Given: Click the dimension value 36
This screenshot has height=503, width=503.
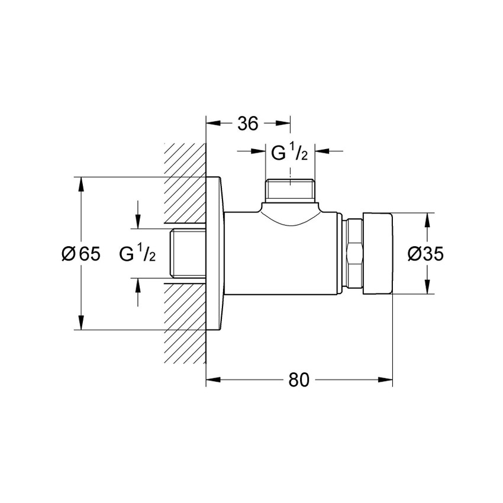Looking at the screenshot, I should coord(248,124).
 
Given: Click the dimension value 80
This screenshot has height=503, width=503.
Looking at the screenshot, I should coord(299,380).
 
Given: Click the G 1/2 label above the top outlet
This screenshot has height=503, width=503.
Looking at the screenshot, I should coord(289,153).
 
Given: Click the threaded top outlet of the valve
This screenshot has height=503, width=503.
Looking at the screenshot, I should coord(290,189).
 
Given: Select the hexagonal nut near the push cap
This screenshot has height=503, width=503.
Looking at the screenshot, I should coord(353,253).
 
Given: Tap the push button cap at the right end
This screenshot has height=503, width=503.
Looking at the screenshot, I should coord(379,253).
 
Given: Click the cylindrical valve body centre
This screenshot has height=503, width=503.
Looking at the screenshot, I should coord(284,254).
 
